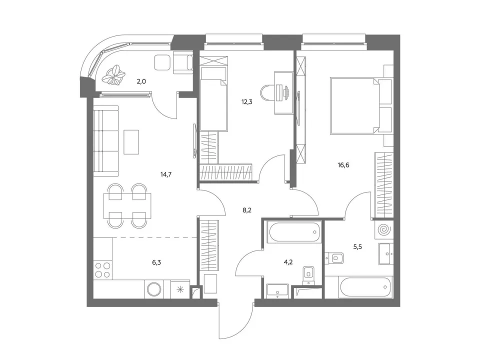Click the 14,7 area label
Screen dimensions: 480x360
point(166,175)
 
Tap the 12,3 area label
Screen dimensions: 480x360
point(246,102)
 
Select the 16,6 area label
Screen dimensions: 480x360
point(343,165)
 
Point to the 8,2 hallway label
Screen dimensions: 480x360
point(246,210)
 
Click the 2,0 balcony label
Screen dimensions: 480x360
point(141,81)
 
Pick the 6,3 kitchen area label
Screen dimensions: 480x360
point(156,262)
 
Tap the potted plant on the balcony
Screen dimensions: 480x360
point(113,74)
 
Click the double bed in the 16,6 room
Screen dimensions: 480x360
point(361,106)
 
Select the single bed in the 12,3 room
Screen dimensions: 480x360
point(213,105)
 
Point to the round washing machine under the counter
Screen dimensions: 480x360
point(154,289)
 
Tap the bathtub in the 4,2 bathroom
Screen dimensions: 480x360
point(293,231)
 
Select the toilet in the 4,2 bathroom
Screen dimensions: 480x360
point(308,274)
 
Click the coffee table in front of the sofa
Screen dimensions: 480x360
point(131,142)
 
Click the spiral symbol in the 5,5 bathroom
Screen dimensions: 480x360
point(384,229)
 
